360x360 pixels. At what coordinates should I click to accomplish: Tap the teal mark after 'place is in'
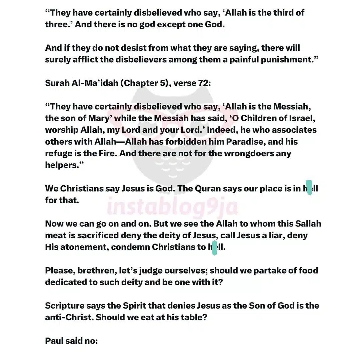(x=309, y=187)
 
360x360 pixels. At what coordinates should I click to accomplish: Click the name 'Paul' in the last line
(x=55, y=341)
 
